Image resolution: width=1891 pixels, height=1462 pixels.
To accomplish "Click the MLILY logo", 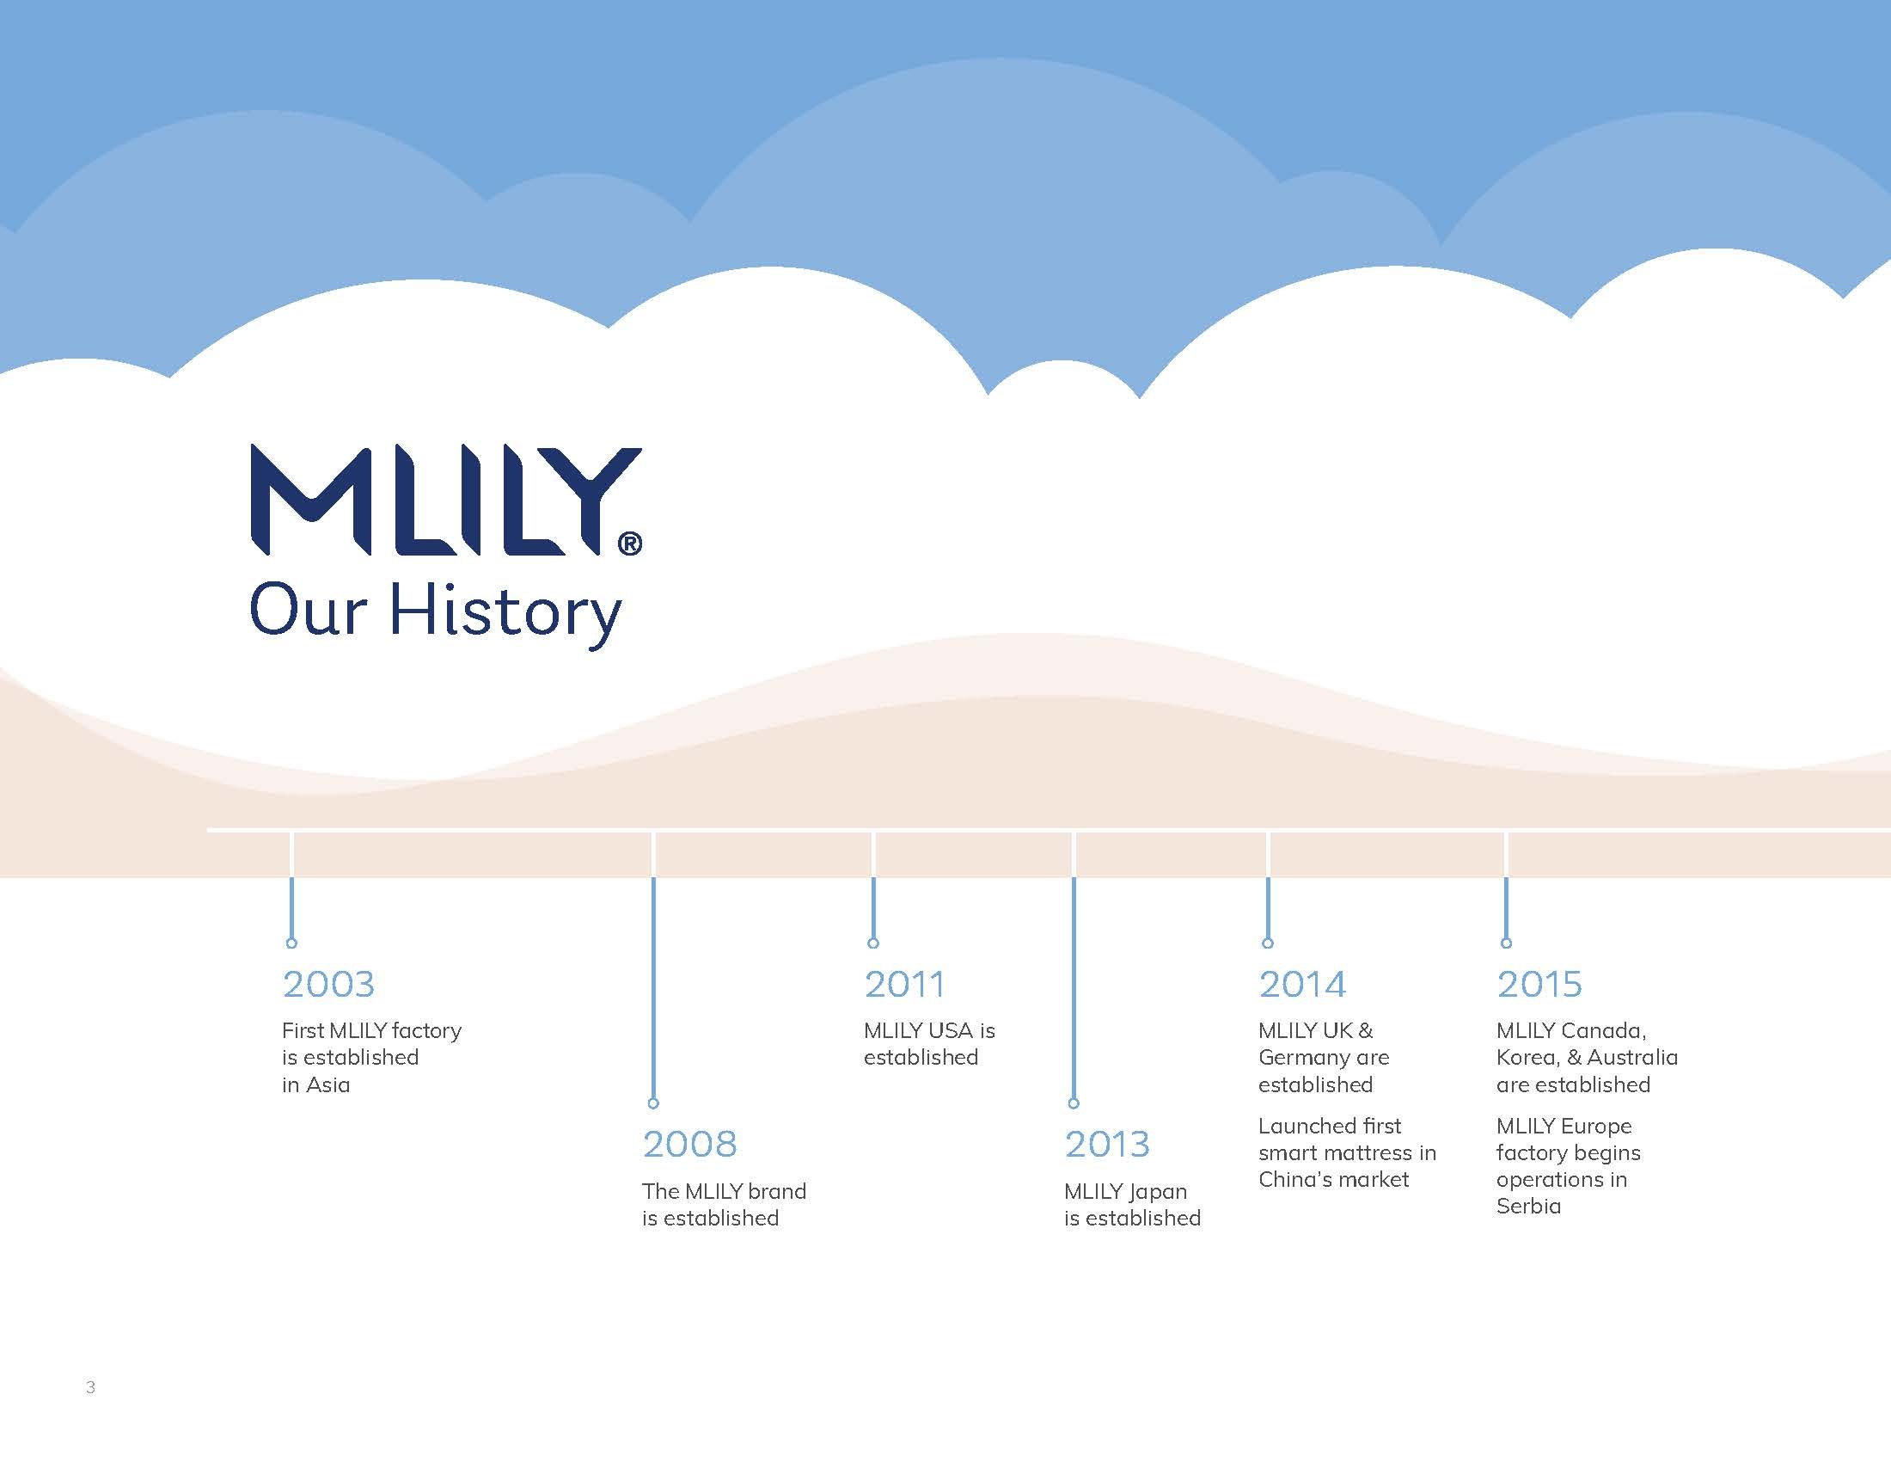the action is [446, 500].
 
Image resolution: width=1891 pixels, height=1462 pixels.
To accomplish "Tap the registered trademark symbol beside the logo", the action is [630, 543].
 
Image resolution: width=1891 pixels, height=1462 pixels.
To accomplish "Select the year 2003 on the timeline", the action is [328, 984].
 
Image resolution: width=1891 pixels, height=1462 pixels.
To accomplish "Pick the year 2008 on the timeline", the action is [689, 1144].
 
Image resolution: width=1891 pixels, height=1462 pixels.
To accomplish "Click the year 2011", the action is [904, 984].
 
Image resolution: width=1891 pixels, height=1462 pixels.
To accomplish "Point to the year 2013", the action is [1107, 1144].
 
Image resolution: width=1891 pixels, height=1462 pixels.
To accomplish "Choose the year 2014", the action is [1302, 984].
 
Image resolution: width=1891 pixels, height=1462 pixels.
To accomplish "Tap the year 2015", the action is [1539, 984].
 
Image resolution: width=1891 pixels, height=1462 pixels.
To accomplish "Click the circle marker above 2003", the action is [291, 943].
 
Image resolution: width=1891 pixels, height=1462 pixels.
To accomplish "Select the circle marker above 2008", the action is [654, 1103].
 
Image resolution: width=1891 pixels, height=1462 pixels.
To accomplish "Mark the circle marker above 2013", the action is [1074, 1103].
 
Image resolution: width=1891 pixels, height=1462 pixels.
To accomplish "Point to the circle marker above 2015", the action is [1507, 943].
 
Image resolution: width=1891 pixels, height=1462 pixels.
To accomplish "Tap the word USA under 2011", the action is [950, 1030].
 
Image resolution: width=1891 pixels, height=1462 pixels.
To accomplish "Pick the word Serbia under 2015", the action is [1529, 1207].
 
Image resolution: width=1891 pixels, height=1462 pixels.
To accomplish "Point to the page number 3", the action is [91, 1387].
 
